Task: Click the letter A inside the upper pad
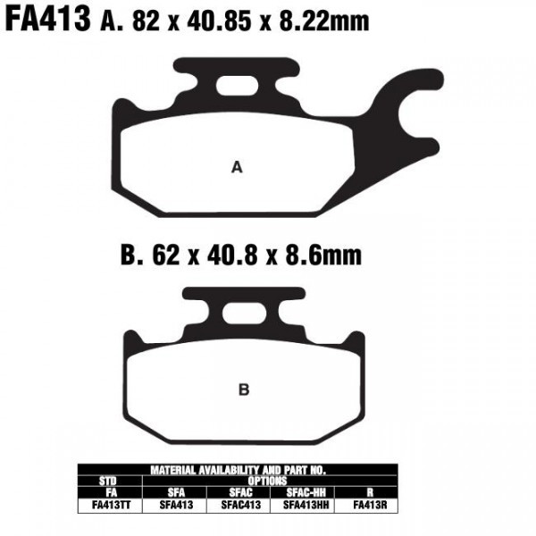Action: point(237,167)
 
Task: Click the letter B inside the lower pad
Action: point(243,389)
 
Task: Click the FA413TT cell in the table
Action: point(111,504)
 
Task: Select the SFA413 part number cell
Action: point(174,504)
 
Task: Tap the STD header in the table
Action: point(111,480)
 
